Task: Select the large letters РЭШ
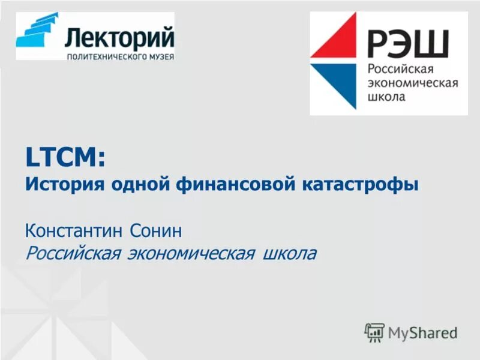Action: (x=408, y=43)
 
